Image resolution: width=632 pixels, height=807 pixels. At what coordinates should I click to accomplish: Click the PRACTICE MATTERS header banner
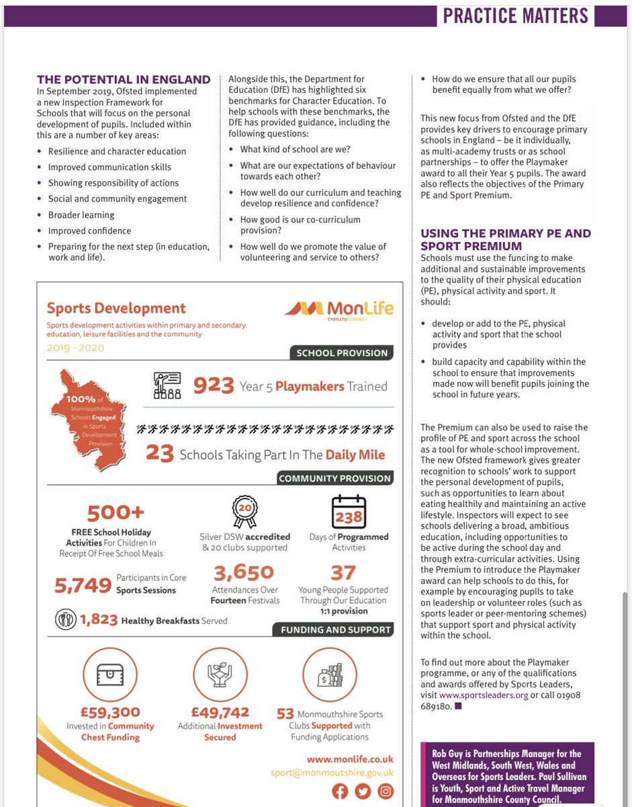pos(515,15)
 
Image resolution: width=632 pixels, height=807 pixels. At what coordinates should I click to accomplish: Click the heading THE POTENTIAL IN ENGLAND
pos(124,79)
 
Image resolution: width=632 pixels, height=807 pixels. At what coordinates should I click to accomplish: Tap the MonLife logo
pos(339,309)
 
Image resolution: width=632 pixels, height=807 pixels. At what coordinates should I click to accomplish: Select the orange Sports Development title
pos(116,308)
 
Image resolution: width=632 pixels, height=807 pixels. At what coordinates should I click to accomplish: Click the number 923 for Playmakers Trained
pos(214,386)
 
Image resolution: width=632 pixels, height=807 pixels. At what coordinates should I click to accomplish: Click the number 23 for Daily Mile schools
pos(160,455)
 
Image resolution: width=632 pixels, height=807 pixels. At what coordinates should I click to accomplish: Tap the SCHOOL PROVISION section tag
pos(341,352)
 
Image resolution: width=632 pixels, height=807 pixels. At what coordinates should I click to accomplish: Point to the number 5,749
pos(83,585)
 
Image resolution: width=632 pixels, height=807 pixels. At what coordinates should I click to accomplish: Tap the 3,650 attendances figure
pos(244,572)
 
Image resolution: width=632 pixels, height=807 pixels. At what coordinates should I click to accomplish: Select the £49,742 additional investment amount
pos(220,712)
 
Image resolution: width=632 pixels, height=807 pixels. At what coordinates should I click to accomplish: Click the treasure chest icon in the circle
pos(109,676)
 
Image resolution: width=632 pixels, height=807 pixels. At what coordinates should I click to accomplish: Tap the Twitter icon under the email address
pos(363,791)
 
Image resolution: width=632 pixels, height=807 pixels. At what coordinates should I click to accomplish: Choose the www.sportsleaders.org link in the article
pos(483,694)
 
